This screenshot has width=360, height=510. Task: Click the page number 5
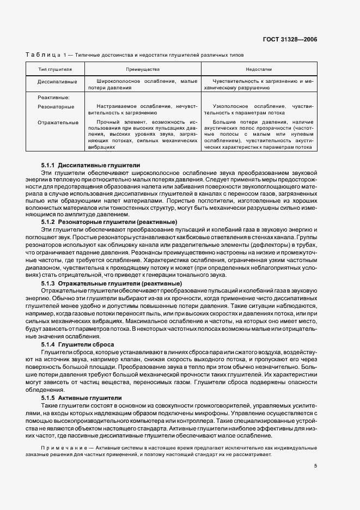pyautogui.click(x=315, y=465)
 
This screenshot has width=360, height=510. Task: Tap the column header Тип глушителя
pyautogui.click(x=55, y=70)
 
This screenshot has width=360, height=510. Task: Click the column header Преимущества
pyautogui.click(x=143, y=70)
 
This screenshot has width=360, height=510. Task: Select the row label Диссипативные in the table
pyautogui.click(x=57, y=81)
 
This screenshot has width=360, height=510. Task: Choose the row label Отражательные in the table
pyautogui.click(x=58, y=123)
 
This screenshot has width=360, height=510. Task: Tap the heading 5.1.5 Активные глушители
pyautogui.click(x=81, y=398)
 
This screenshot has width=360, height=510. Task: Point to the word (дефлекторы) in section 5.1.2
pyautogui.click(x=242, y=244)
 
